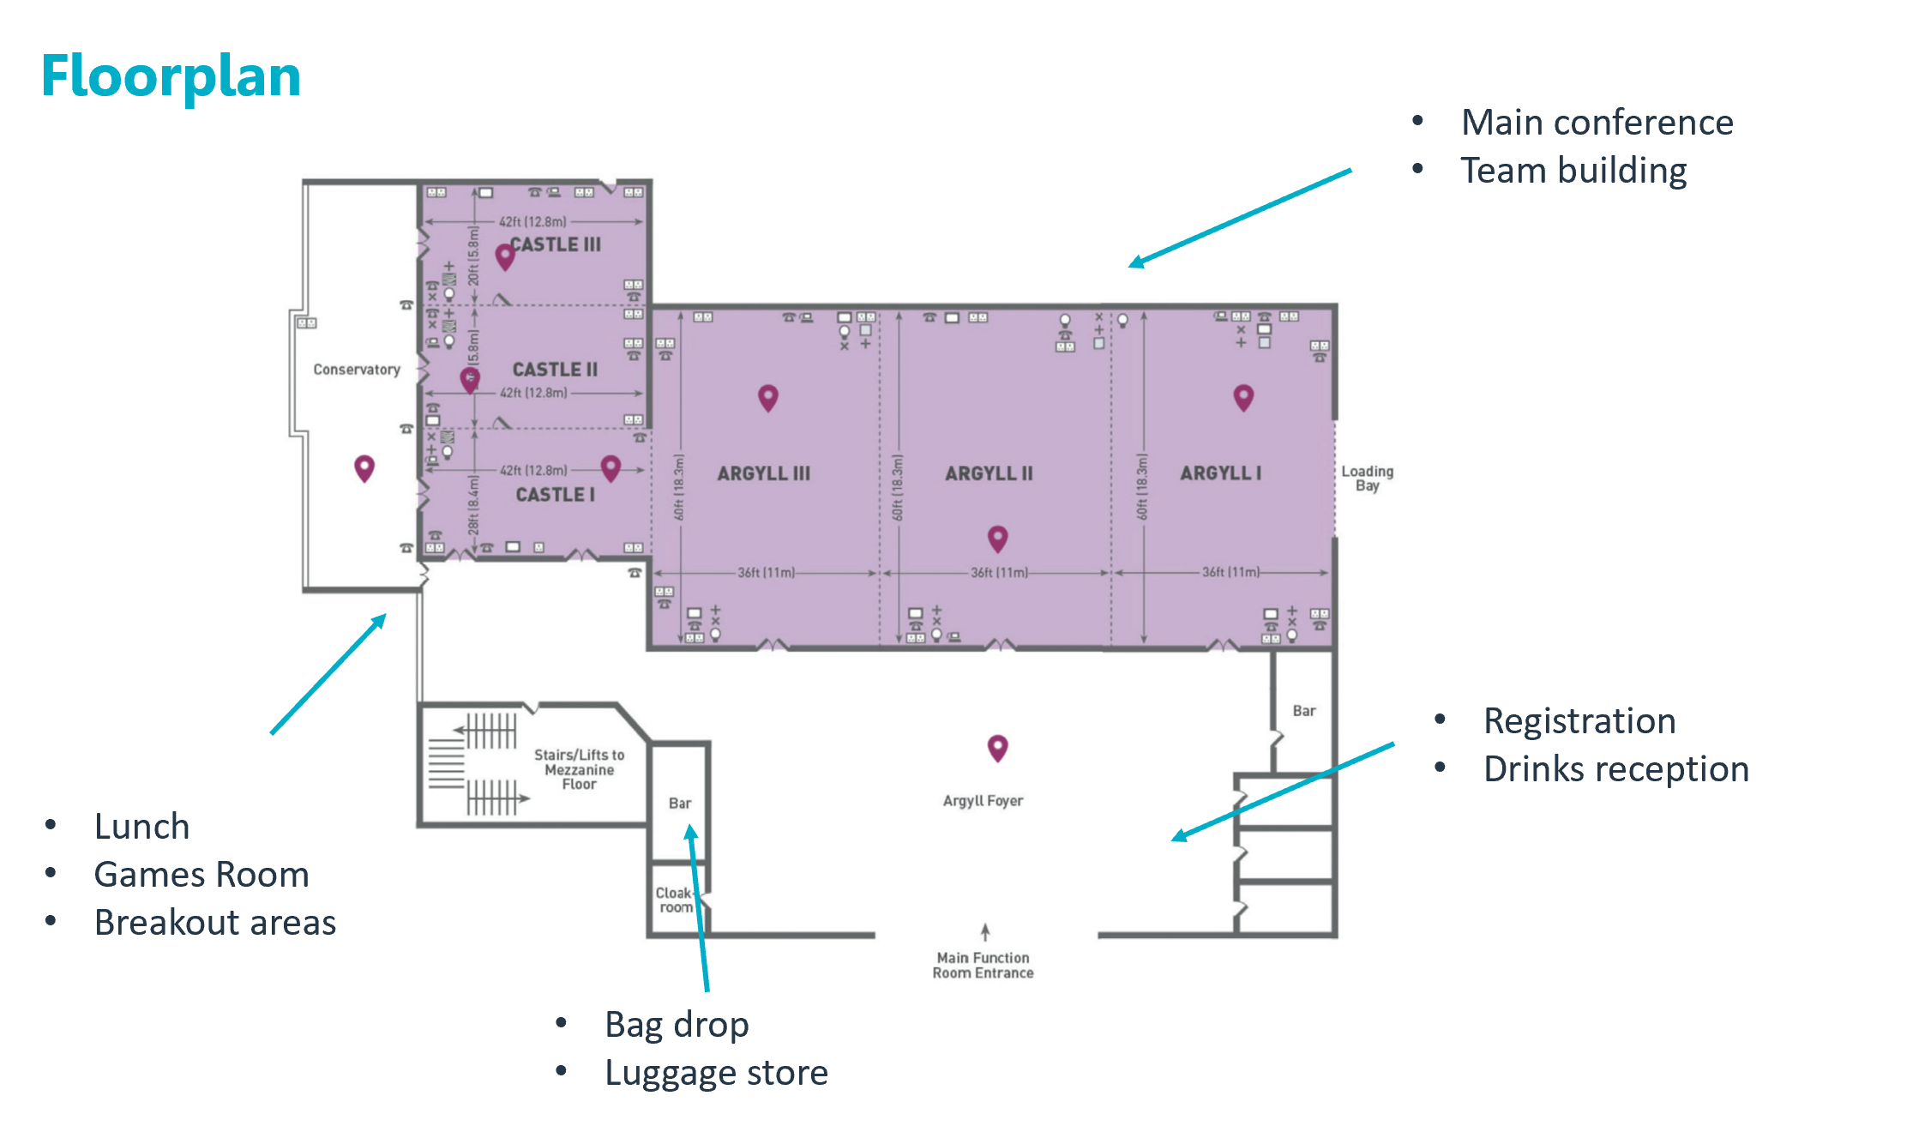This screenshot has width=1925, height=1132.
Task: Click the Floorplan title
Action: click(171, 77)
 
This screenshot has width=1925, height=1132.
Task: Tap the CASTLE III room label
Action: click(556, 244)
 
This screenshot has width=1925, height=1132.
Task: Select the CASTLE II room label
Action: click(555, 370)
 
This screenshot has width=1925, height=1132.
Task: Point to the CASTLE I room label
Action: click(555, 495)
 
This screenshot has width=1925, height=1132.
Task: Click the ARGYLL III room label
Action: click(763, 473)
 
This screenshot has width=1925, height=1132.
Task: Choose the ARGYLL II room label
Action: click(989, 473)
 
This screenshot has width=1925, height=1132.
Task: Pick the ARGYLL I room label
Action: click(1220, 473)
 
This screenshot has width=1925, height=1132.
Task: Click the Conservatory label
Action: click(357, 370)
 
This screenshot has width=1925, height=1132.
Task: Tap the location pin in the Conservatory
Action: click(364, 467)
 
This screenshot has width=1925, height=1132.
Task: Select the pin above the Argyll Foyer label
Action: click(997, 747)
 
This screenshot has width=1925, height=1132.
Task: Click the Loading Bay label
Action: click(1367, 479)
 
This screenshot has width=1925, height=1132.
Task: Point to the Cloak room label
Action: click(675, 900)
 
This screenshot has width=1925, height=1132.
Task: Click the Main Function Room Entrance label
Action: click(983, 965)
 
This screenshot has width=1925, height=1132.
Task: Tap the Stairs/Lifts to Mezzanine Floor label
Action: click(579, 769)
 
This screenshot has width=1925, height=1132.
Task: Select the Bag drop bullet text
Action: click(677, 1025)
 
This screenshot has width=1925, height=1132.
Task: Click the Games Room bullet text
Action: click(202, 875)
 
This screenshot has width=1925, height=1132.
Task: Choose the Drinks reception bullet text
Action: click(1616, 769)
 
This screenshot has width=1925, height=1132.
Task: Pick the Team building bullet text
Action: click(1573, 171)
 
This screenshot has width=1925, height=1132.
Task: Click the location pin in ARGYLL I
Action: click(1243, 396)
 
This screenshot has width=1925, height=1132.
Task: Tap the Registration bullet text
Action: click(1579, 721)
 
